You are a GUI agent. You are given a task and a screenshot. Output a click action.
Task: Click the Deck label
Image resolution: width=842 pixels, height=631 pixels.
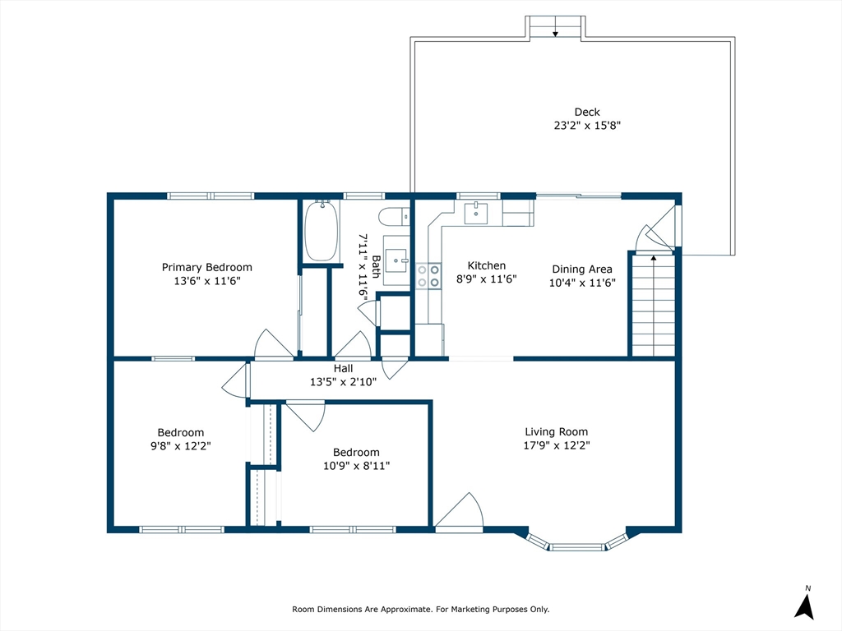(587, 112)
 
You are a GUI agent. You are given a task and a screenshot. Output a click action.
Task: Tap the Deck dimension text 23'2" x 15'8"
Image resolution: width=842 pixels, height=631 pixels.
(587, 126)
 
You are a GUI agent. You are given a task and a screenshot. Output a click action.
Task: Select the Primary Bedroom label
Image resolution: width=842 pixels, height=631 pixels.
(206, 267)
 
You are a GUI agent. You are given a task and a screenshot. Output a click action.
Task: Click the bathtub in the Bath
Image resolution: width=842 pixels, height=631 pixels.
(322, 231)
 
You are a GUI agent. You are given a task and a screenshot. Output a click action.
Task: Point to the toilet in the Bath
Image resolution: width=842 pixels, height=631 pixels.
(394, 217)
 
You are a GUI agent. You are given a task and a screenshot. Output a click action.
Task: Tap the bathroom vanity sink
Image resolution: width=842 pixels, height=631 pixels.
(397, 260)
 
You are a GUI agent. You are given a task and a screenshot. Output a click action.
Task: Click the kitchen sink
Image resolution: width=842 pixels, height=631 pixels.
(476, 213)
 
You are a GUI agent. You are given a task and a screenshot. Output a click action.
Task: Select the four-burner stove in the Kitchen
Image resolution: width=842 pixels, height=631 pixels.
(428, 276)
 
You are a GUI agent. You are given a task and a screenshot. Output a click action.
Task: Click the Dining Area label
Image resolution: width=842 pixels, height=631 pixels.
(582, 269)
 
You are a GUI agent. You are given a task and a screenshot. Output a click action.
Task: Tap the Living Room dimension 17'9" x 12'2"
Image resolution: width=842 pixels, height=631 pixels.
(557, 445)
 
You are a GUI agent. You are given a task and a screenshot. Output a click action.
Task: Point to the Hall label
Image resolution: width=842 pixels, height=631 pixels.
(343, 369)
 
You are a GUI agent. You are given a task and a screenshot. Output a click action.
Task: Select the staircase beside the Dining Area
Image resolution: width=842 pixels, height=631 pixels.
(653, 306)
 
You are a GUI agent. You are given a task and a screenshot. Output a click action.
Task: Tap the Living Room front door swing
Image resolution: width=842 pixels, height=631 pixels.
(459, 510)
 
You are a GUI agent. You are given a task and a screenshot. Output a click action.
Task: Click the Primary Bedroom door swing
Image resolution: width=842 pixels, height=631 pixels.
(273, 343)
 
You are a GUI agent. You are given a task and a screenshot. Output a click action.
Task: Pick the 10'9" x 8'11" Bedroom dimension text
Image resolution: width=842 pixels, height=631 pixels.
(356, 466)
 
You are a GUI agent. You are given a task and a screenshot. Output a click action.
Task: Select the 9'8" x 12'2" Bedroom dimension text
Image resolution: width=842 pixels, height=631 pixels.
(180, 446)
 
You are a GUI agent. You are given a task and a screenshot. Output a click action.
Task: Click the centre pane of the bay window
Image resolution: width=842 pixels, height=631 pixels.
(577, 547)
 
